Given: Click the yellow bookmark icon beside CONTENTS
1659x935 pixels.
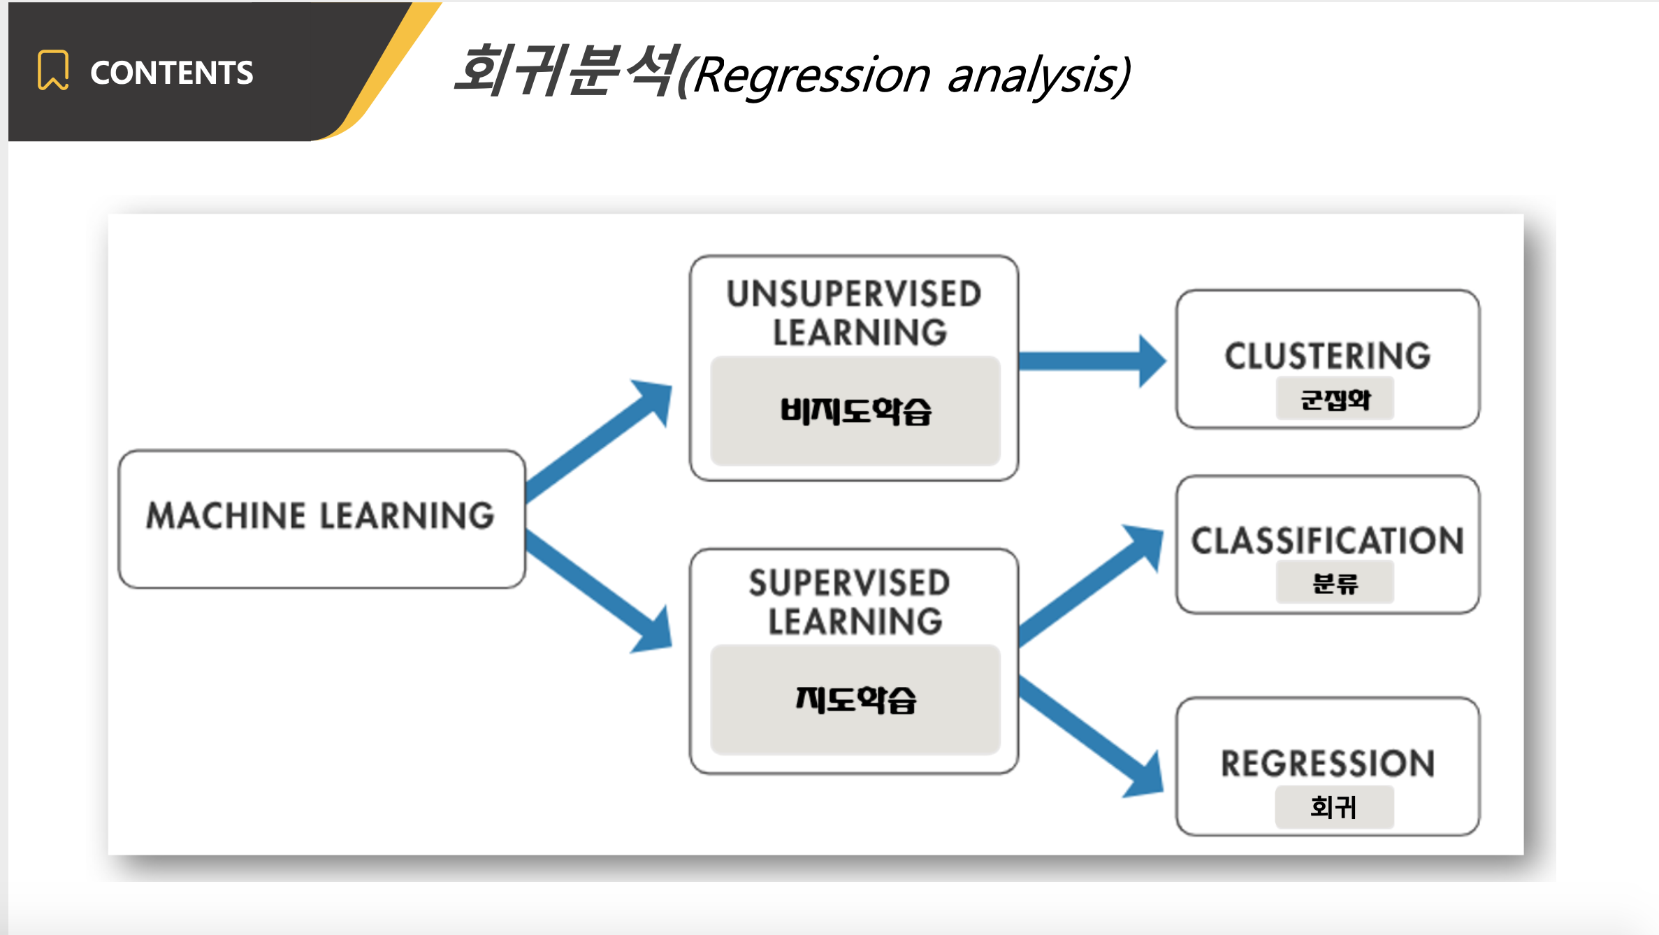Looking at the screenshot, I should (53, 71).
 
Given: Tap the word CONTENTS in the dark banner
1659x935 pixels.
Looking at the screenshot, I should (171, 73).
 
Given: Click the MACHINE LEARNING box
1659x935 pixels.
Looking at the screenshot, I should (321, 517).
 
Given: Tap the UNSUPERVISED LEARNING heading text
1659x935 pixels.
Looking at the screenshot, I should (854, 313).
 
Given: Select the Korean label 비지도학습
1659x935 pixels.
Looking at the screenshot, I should (855, 411).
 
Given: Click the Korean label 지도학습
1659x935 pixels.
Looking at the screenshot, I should (855, 699).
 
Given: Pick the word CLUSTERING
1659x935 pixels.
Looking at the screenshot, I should (1328, 356).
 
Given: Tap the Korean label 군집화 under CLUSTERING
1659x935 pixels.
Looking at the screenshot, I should (1335, 400).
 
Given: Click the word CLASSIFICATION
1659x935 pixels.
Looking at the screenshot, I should (1328, 541).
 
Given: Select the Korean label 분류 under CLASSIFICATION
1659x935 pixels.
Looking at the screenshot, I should (1335, 583).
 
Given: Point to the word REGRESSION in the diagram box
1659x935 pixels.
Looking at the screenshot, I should (1328, 763).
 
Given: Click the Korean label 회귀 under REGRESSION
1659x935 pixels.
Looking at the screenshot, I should (1333, 807).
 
